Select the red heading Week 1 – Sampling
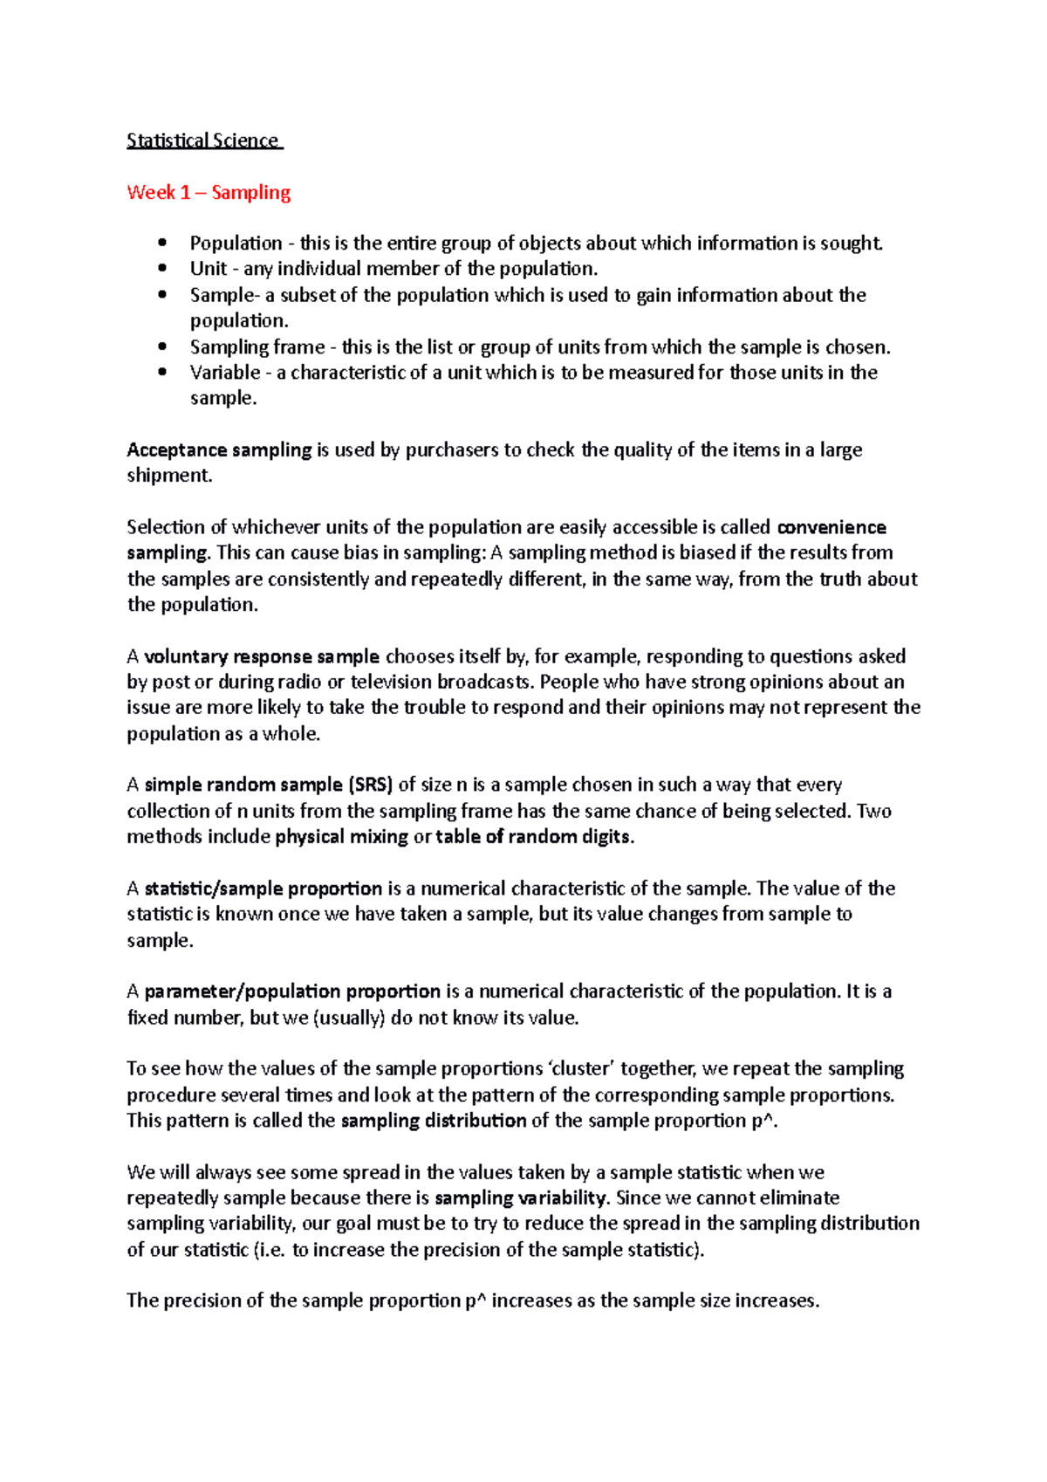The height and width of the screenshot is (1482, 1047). click(209, 192)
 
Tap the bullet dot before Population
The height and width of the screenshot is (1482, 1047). click(162, 243)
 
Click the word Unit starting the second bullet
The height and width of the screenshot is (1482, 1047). click(208, 269)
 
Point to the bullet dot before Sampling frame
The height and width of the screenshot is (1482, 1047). click(162, 346)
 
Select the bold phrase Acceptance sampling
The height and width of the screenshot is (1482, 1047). click(219, 449)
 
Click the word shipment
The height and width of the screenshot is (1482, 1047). click(168, 476)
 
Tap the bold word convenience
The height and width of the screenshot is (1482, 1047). click(831, 527)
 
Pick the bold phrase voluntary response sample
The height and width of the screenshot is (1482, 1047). click(262, 656)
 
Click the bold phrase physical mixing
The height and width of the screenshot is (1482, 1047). click(341, 837)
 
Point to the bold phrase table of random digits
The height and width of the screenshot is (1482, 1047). click(533, 837)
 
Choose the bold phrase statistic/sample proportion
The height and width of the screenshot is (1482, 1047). click(263, 889)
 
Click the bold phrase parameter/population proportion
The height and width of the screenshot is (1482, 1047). click(292, 991)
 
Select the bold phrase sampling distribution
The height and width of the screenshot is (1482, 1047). click(433, 1121)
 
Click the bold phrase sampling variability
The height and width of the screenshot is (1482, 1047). click(520, 1198)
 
